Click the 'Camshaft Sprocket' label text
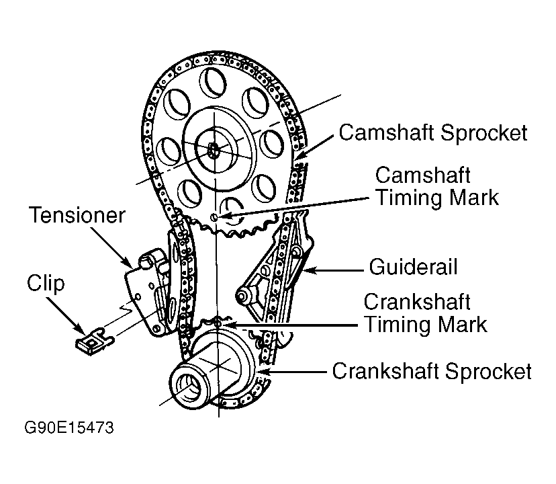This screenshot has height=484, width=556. (x=433, y=132)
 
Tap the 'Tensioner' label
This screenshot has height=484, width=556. (x=77, y=216)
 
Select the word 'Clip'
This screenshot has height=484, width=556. (x=46, y=283)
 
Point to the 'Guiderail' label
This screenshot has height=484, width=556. (x=413, y=268)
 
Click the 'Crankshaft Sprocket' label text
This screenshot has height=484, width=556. (x=432, y=371)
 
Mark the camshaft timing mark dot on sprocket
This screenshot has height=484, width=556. (x=214, y=217)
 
